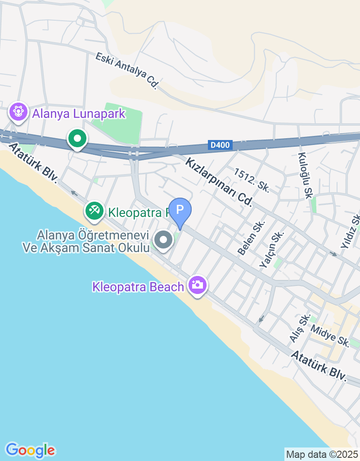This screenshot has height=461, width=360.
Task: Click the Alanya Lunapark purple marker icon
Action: coord(18,111)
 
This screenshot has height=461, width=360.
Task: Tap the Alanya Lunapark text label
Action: coord(78,113)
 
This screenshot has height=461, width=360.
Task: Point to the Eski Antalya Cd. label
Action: coord(128,70)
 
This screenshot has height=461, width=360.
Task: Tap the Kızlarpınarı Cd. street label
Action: coord(219,181)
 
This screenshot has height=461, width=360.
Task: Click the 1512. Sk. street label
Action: coord(251,181)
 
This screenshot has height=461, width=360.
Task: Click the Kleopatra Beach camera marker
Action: coord(197,285)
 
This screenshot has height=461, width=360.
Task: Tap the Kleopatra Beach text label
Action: coord(138,286)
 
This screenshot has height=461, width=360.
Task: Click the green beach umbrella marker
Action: coord(94,210)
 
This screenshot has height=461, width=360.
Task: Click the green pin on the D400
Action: coord(77,138)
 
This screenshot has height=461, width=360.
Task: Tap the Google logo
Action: coord(30,450)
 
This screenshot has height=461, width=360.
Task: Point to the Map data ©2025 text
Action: coord(322,454)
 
